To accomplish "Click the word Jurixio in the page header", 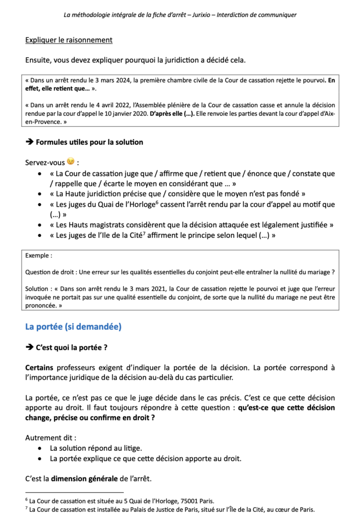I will [199, 15].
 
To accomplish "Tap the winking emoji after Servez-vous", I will [71, 162].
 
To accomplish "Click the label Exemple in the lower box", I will [37, 255].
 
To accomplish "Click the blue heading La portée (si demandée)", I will [73, 326].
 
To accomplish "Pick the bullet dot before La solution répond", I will [40, 448].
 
